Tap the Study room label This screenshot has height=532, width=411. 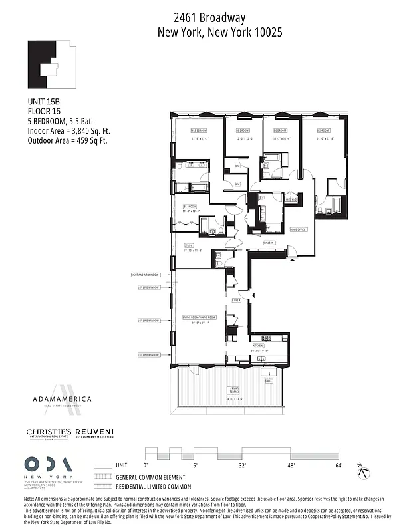point(189,245)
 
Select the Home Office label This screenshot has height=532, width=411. point(298,229)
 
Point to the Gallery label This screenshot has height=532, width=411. point(269,243)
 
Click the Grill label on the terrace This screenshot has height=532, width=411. point(269,382)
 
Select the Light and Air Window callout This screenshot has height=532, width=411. point(145,275)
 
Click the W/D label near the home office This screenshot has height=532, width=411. point(290,199)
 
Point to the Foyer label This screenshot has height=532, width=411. point(236,301)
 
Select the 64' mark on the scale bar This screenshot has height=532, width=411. point(339,465)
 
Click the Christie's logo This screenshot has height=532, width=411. point(49,433)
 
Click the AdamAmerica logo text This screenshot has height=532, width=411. point(62,399)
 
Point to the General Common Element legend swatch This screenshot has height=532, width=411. point(102,477)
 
